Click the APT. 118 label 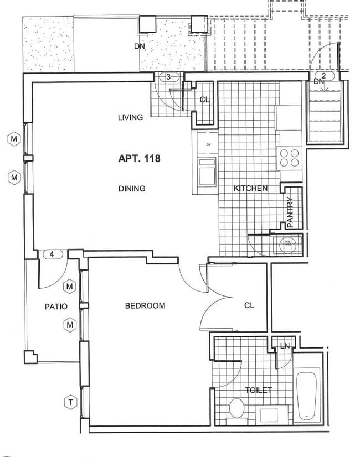point(139,159)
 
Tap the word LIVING point(131,117)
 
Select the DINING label point(131,189)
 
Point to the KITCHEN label point(250,189)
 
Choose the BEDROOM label point(145,305)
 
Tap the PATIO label point(56,306)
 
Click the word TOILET point(259,391)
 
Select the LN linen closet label point(285,346)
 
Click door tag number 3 point(168,77)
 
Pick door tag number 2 point(323,74)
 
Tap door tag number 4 point(52,255)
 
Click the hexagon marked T point(70,402)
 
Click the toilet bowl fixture point(236,408)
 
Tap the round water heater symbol point(288,242)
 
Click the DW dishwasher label point(208,145)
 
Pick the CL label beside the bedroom point(249,305)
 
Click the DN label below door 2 point(318,82)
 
